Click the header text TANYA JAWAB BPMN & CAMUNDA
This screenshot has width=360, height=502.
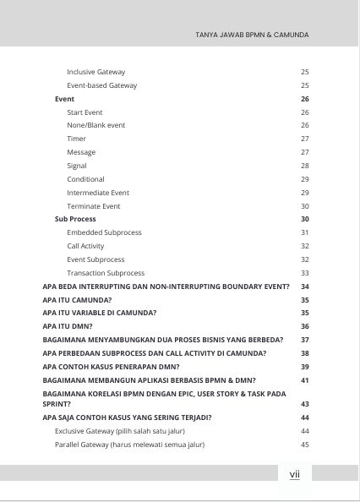[251, 35]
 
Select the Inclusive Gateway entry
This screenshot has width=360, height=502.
[95, 72]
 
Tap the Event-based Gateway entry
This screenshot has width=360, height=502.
[101, 85]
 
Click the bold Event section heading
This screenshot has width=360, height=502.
[64, 99]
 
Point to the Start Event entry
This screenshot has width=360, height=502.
[85, 112]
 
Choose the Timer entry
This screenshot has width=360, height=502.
[77, 139]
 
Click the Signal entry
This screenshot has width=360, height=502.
[78, 166]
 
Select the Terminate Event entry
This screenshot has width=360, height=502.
[94, 206]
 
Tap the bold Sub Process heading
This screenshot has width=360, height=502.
[75, 219]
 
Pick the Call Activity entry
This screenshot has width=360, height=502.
[85, 246]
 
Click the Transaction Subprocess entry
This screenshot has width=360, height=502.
[106, 273]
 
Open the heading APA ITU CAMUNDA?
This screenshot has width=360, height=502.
[77, 300]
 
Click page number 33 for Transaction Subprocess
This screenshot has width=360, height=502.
[304, 273]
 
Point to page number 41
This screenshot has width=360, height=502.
[304, 380]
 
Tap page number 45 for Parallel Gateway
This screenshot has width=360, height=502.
[304, 445]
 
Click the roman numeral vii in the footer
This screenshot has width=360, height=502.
[295, 475]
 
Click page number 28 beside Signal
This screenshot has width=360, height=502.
[304, 166]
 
